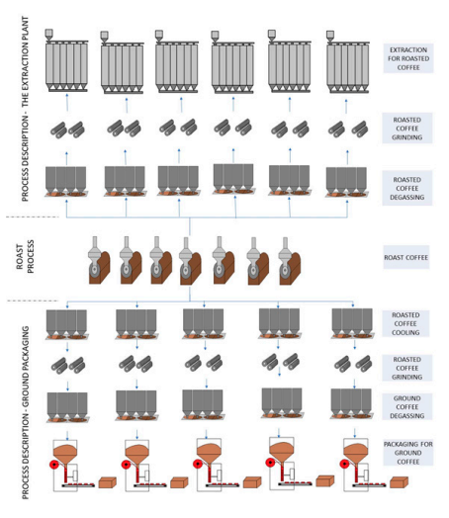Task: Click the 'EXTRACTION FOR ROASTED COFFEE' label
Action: pos(408,58)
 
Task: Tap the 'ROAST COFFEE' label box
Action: pos(406,257)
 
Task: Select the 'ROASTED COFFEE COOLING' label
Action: pos(405,324)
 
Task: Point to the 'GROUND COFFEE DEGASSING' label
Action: pos(407,407)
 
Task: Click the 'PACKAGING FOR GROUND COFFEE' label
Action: pos(408,453)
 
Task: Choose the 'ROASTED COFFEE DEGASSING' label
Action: pos(407,188)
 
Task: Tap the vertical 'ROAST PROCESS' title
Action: pos(26,257)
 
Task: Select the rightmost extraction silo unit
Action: pos(347,62)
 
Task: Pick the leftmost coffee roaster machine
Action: pos(99,260)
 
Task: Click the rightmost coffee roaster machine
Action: pos(290,261)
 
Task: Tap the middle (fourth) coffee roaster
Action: pos(190,261)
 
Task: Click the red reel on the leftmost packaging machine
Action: pos(53,465)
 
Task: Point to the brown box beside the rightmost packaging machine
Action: pos(399,482)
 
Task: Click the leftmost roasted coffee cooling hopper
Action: pos(66,324)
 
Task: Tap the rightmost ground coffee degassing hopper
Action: pos(351,403)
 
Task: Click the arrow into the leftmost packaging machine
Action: pos(67,435)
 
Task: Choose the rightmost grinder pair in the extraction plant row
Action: pos(347,129)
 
